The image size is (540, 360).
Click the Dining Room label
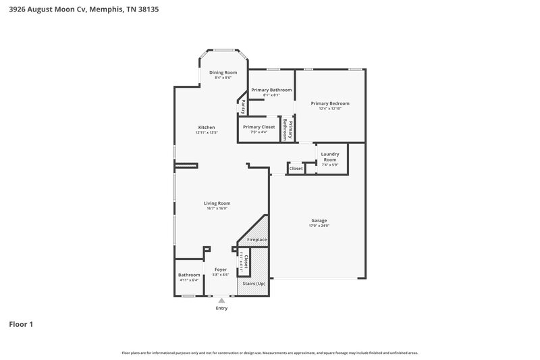[x=223, y=72]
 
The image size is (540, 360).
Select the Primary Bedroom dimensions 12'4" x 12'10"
[x=329, y=109]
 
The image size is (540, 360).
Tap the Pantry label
[x=242, y=106]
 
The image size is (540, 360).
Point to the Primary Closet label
[x=259, y=127]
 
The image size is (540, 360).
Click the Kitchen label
[x=206, y=128]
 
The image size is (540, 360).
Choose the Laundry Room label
[x=329, y=157]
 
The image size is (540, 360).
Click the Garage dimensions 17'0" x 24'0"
[x=319, y=226]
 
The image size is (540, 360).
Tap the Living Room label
[x=217, y=203]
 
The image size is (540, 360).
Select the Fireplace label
[x=256, y=240]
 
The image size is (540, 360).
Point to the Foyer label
[x=221, y=269]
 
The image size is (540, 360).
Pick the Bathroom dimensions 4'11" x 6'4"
[x=189, y=280]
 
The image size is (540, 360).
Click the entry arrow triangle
[x=221, y=301]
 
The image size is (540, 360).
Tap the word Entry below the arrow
[x=221, y=309]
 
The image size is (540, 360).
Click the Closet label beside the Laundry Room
[x=296, y=168]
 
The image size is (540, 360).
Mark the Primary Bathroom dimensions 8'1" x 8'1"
[x=271, y=95]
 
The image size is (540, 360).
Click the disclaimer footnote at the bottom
[x=270, y=353]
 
